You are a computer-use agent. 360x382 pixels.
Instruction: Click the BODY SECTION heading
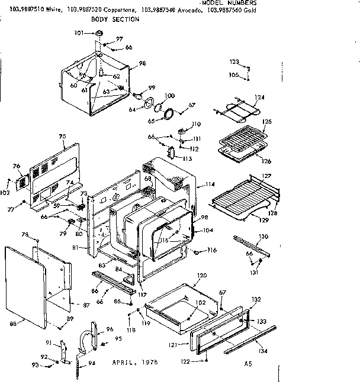click(x=115, y=20)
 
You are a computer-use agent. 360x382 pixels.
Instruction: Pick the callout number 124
click(x=259, y=97)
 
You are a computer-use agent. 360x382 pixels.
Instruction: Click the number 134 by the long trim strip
click(x=262, y=351)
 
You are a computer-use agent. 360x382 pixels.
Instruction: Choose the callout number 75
click(x=62, y=136)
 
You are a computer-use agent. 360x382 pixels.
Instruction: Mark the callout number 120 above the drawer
click(x=202, y=276)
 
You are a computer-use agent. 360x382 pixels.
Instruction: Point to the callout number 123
click(x=234, y=61)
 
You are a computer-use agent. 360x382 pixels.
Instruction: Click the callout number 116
click(x=212, y=251)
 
